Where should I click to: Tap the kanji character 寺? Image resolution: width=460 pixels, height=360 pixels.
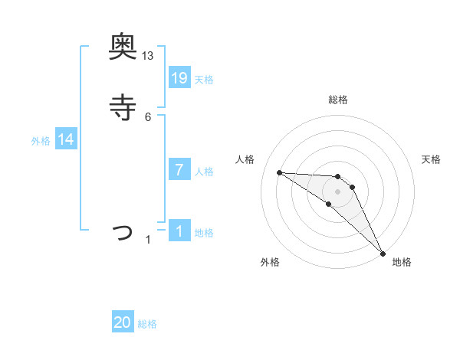tap(123, 107)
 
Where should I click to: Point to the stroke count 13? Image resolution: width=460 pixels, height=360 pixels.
tap(148, 56)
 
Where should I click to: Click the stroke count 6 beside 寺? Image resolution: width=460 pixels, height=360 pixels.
tap(148, 116)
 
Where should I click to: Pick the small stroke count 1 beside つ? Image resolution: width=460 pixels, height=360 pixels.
tap(148, 240)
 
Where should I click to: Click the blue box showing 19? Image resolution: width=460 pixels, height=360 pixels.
tap(179, 77)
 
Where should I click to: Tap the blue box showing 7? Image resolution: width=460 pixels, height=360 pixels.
tap(179, 169)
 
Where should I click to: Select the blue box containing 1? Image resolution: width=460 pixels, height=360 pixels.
tap(179, 231)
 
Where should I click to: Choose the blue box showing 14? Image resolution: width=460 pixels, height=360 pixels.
tap(66, 139)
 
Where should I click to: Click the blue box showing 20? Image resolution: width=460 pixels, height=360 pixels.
tap(123, 322)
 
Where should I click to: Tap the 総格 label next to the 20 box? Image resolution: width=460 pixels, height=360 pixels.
tap(147, 324)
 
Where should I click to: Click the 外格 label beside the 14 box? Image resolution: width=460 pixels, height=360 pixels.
tap(41, 141)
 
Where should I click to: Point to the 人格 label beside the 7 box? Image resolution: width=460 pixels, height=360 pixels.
tap(204, 171)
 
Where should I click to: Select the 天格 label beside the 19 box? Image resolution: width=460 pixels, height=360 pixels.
tap(204, 79)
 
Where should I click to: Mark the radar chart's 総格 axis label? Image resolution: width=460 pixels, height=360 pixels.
tap(337, 100)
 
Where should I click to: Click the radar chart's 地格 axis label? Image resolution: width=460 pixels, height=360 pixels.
tap(402, 262)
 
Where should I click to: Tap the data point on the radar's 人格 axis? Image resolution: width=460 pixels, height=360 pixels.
tap(279, 172)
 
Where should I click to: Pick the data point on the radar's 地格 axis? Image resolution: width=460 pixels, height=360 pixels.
tap(383, 253)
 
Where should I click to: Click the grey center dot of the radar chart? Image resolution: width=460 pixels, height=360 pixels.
tap(337, 191)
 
